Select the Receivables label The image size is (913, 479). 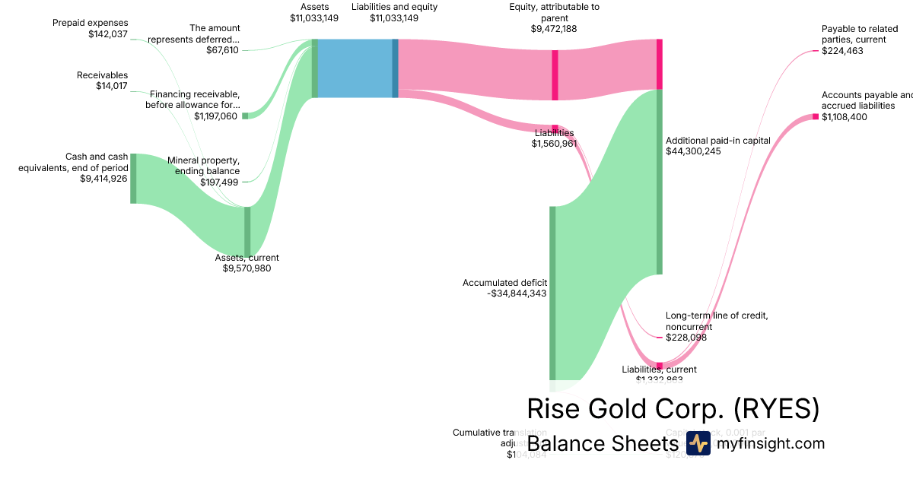[102, 75]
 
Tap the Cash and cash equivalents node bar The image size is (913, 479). [133, 178]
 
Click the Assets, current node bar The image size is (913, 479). [247, 231]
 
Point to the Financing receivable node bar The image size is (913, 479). [245, 116]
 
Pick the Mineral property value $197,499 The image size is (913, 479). [220, 182]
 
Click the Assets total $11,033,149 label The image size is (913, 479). [314, 18]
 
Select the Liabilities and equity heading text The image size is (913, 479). [394, 7]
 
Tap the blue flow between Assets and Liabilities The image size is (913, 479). [355, 68]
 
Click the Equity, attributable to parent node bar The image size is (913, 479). [555, 75]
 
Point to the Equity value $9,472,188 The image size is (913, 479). [554, 28]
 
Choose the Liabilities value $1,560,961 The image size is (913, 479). [554, 143]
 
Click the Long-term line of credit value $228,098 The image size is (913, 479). [686, 337]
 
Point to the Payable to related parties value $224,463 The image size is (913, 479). [842, 51]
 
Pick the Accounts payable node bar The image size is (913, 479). [816, 116]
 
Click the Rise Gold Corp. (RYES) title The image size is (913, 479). [673, 409]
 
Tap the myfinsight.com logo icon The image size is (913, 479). [698, 443]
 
